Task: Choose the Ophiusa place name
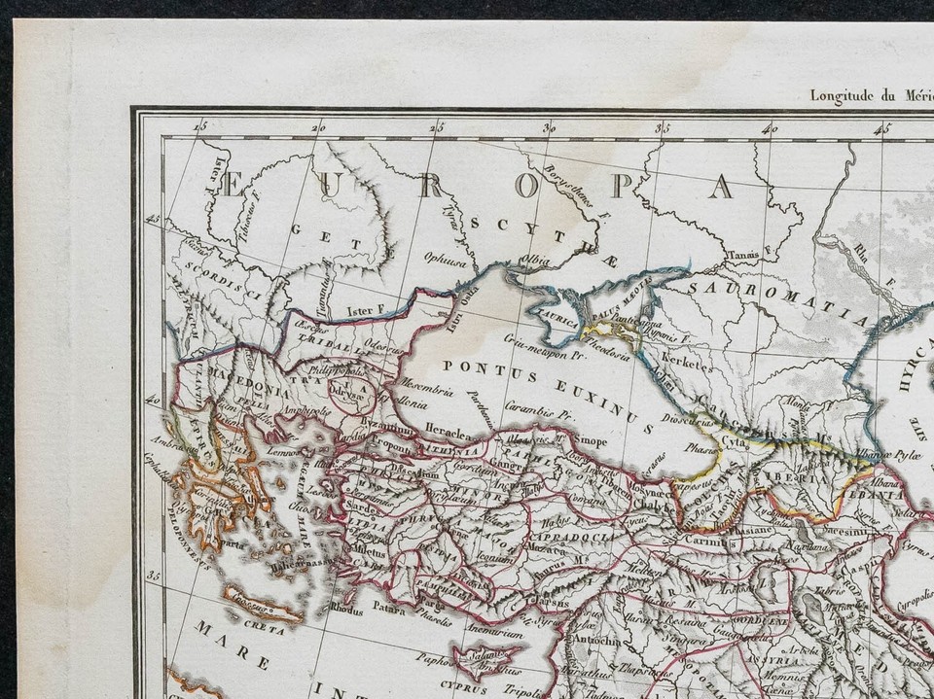(443, 258)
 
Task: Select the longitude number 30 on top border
(549, 127)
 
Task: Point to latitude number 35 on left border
(152, 577)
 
